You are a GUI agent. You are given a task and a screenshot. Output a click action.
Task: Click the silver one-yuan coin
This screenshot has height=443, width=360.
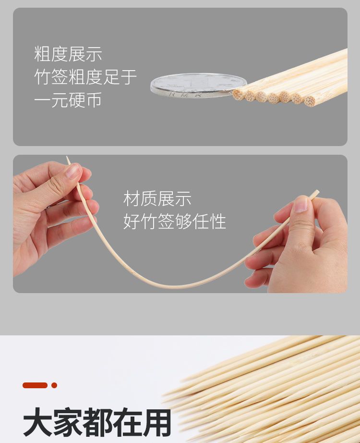point(199,86)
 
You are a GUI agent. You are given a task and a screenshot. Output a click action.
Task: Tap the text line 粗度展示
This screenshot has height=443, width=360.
point(68,54)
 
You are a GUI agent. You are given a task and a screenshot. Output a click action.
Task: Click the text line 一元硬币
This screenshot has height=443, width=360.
point(68,100)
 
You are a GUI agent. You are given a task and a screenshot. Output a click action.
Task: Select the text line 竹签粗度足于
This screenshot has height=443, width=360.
point(85,77)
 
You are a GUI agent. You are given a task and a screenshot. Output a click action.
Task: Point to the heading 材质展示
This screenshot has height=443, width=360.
point(157,198)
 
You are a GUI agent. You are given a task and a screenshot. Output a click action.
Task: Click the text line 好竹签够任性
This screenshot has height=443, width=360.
point(175,221)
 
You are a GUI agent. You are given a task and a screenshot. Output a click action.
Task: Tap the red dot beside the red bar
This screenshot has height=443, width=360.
point(54,385)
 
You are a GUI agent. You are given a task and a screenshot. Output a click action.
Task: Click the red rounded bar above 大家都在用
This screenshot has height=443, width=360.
point(35,385)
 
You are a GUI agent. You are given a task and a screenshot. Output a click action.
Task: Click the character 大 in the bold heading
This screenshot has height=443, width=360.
point(37,422)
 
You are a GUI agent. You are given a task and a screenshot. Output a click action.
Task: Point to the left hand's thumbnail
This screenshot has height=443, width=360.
point(72,171)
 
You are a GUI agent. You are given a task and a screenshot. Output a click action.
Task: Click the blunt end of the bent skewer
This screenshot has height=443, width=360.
point(318,192)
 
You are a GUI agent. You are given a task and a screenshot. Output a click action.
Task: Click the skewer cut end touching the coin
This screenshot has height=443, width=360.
point(238,94)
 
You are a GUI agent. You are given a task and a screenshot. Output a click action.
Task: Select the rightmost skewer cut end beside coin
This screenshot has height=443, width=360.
point(310,101)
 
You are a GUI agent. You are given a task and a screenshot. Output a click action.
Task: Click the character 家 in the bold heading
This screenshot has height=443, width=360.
point(67,422)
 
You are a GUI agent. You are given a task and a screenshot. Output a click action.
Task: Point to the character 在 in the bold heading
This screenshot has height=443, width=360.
point(127,422)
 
